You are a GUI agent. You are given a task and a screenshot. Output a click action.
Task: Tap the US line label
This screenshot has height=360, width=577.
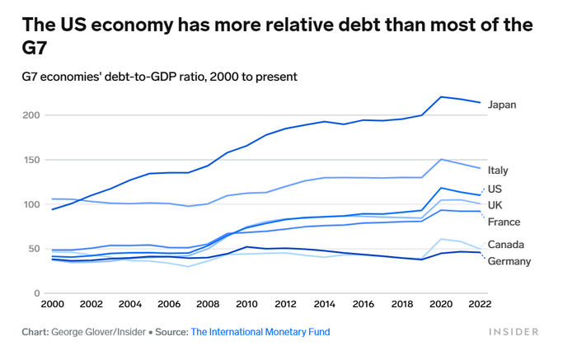point(495,189)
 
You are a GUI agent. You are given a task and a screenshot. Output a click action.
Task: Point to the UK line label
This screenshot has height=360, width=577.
point(495,205)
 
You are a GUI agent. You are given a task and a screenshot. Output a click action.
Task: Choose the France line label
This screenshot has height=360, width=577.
point(504,222)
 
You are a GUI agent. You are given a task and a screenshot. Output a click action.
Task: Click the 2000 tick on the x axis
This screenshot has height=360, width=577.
point(52,305)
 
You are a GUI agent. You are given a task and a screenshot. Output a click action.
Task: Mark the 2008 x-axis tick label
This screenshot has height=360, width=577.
point(207,305)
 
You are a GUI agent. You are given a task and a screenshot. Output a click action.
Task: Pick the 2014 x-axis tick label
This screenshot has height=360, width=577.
point(324,305)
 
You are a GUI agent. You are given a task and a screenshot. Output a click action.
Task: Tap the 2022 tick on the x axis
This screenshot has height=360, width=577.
point(479,305)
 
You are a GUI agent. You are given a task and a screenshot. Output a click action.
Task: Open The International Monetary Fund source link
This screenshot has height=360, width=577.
point(260,332)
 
